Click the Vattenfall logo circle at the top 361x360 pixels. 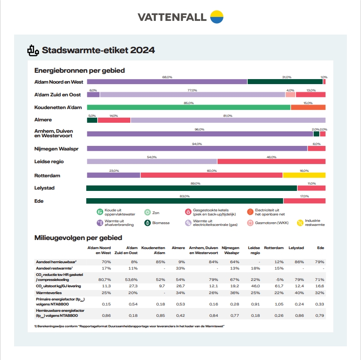217,17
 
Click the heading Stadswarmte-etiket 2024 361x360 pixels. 98,50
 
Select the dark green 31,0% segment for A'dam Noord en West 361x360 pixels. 285,82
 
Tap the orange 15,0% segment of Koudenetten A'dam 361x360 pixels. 308,107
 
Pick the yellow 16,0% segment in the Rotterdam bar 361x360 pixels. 304,175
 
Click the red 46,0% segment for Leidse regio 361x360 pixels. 271,161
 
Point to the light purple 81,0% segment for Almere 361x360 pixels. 227,120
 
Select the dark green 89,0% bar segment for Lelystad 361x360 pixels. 191,188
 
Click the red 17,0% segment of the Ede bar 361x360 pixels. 304,200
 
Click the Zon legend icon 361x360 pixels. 147,212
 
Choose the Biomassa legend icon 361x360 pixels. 147,223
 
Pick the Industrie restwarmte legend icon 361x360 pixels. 300,223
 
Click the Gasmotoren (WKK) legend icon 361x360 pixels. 250,223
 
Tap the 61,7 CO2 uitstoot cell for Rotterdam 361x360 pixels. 273,286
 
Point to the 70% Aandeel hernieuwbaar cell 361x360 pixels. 106,262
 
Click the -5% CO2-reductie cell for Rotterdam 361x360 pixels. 273,279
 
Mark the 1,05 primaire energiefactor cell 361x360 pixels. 273,304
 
